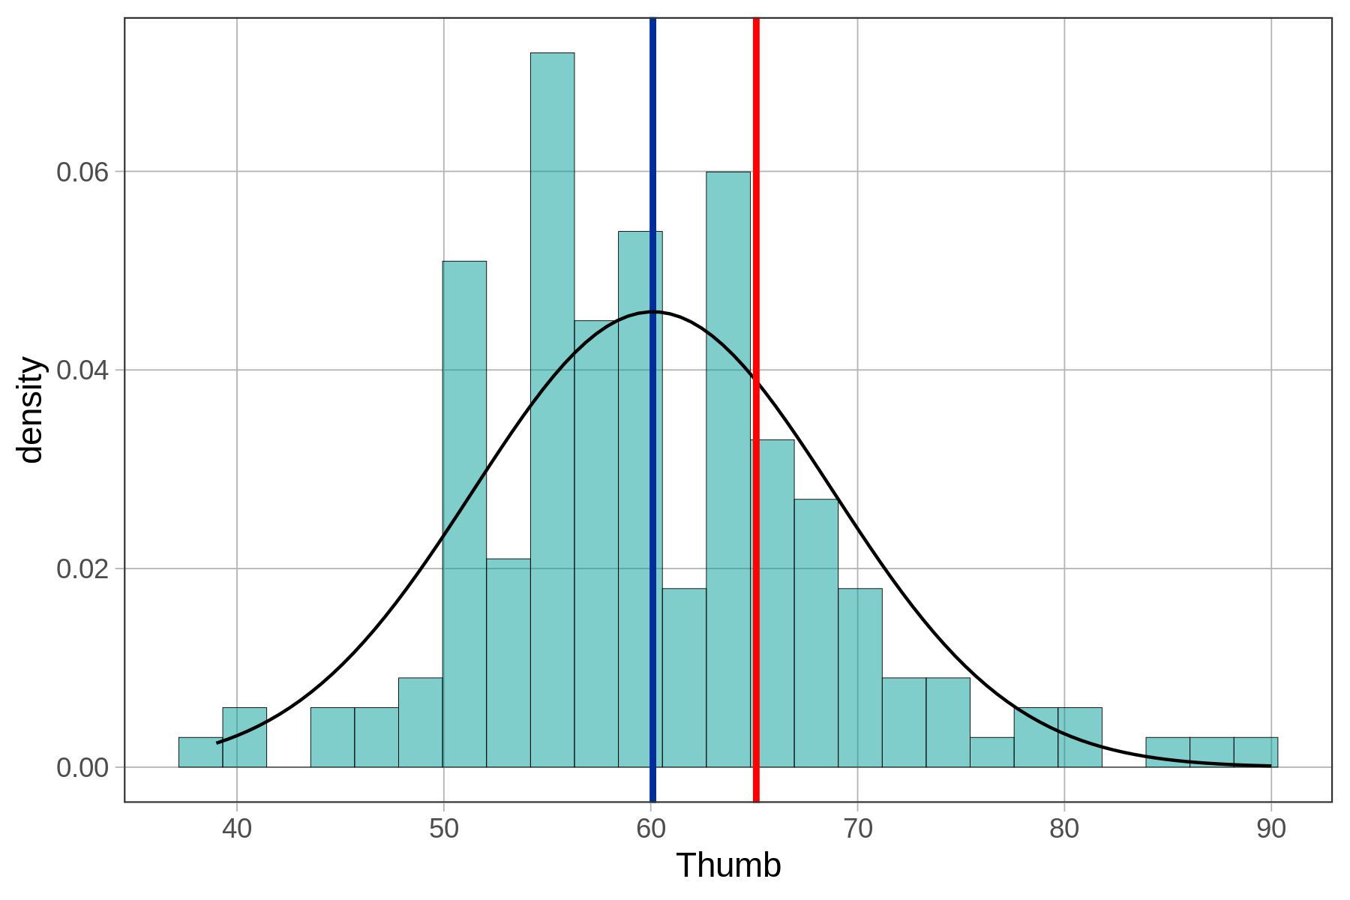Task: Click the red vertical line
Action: pos(756,225)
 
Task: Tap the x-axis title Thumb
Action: pos(728,865)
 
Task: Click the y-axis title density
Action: pos(31,409)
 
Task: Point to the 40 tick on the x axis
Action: pos(237,829)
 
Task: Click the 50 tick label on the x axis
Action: pos(444,829)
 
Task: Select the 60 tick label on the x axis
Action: pos(651,829)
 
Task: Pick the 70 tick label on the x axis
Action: pos(857,829)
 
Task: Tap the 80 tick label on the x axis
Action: pos(1064,829)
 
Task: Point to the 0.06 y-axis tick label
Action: pos(82,172)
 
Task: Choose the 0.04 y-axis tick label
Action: pos(82,370)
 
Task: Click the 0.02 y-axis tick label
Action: pos(82,568)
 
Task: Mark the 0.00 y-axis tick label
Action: pos(82,767)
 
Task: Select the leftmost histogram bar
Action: pos(200,752)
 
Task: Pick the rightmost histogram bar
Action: pos(1255,752)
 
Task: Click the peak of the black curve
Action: pos(652,311)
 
